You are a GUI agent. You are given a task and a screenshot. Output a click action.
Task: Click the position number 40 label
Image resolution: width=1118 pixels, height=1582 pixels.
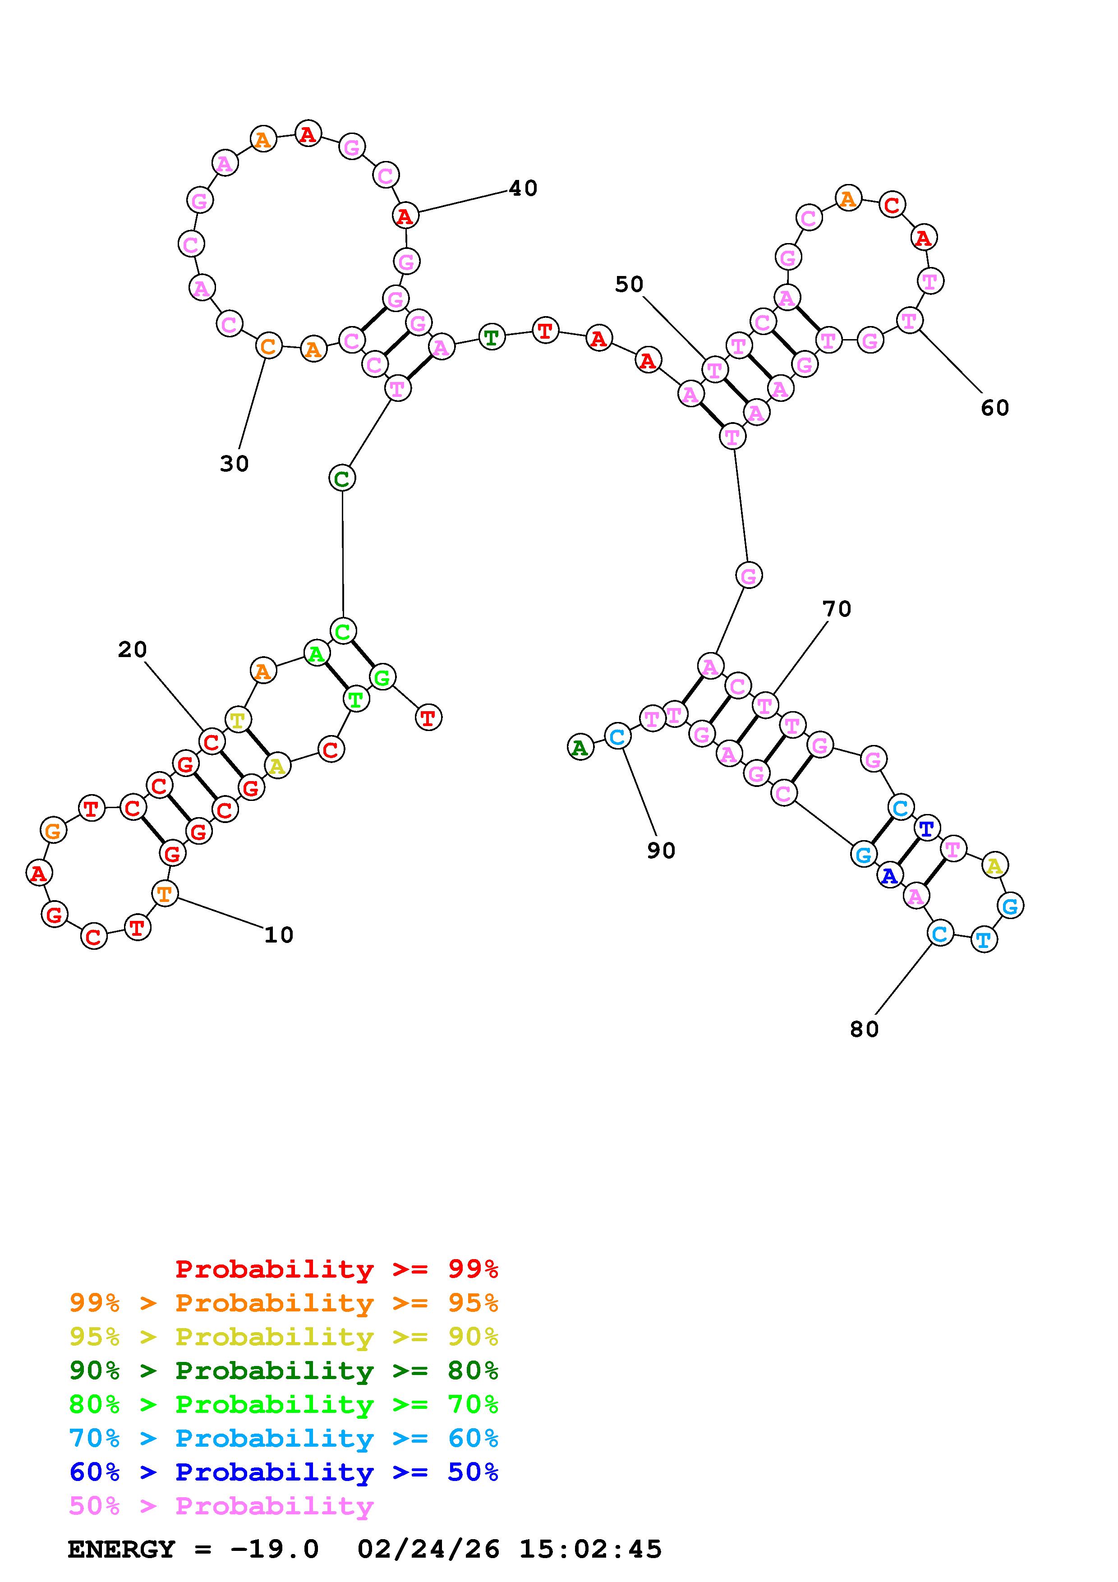[x=523, y=188]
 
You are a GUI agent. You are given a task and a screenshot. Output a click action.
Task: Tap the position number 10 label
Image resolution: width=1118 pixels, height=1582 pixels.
[x=279, y=935]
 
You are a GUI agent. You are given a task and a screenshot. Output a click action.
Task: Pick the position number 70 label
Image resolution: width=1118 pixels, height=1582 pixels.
[x=837, y=609]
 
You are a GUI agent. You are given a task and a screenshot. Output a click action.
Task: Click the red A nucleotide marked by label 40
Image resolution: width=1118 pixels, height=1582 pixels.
[x=405, y=216]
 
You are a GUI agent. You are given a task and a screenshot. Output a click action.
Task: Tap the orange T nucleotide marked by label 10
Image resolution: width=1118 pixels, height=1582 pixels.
[x=165, y=894]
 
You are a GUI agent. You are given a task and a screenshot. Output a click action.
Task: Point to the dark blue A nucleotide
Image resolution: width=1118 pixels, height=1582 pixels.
[x=889, y=876]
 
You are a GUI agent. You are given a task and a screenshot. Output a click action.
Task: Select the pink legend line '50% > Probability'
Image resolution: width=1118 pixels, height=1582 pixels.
[x=221, y=1506]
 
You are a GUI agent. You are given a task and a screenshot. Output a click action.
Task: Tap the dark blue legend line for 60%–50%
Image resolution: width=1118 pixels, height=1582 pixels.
[x=284, y=1472]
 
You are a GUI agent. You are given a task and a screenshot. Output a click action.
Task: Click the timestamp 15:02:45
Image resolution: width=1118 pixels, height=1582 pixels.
[x=590, y=1550]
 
